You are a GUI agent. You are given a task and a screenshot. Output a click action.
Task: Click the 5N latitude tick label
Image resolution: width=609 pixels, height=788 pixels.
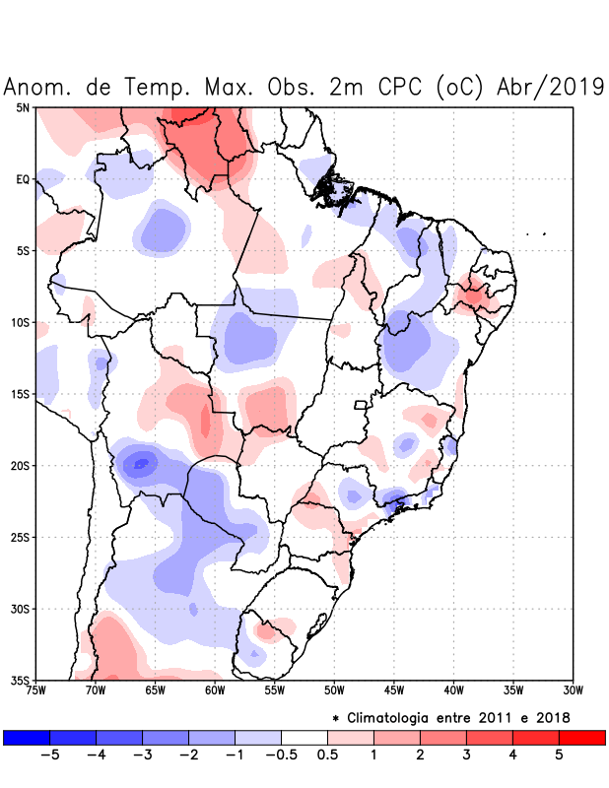click(x=22, y=107)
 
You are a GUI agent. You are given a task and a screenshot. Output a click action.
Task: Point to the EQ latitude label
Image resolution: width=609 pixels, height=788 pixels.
click(x=22, y=179)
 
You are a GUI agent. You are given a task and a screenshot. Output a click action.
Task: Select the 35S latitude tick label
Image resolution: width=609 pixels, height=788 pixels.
click(x=20, y=681)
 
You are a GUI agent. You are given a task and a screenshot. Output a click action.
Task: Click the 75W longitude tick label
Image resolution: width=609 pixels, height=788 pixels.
click(x=35, y=690)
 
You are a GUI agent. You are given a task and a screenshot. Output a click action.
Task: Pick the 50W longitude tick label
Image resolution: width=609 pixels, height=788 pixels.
click(x=334, y=690)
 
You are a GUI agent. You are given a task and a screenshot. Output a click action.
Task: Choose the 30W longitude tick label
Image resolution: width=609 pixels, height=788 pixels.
click(x=573, y=690)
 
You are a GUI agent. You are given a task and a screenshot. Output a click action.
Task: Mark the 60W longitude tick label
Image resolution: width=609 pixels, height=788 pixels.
click(x=215, y=690)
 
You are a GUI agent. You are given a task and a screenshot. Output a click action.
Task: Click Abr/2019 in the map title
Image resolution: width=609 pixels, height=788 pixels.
click(x=551, y=87)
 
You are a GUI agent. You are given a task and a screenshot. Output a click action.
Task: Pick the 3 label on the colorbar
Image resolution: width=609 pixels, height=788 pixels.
click(x=466, y=755)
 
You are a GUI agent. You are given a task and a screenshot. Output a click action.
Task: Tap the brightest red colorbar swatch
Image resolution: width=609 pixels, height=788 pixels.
click(x=581, y=737)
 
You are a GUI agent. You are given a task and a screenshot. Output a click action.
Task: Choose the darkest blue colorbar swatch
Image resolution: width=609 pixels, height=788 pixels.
click(x=27, y=737)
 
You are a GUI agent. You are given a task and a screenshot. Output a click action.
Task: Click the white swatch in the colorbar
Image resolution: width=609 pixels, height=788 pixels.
click(x=304, y=737)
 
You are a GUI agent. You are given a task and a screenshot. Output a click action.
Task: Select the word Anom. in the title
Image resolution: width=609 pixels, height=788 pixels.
click(x=38, y=87)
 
